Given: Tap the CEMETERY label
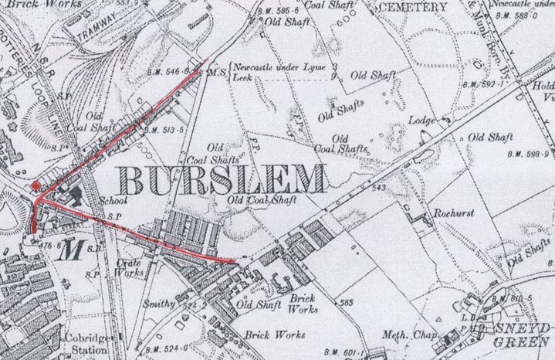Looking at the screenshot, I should [x=413, y=7].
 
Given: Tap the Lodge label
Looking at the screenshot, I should [x=422, y=121].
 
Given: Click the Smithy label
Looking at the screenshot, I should [x=159, y=304].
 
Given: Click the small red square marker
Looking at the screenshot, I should [x=36, y=185].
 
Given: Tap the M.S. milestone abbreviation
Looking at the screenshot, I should [x=216, y=73].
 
